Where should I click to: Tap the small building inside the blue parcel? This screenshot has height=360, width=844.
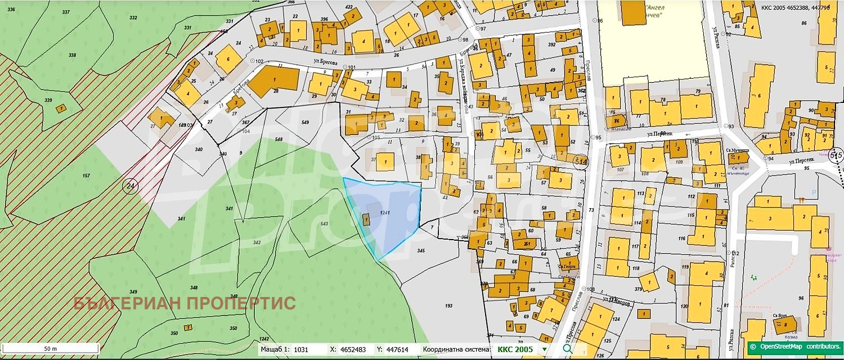[367, 220]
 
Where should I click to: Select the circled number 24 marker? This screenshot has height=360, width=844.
[130, 186]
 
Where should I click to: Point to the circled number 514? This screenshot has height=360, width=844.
[580, 161]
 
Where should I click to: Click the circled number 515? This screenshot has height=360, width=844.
[836, 155]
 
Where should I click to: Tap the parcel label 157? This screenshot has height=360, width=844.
[86, 176]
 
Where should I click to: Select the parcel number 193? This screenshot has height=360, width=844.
[448, 305]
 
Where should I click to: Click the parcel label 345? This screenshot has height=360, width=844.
[420, 250]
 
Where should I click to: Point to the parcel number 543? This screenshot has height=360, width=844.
[324, 224]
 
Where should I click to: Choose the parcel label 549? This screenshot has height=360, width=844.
[305, 122]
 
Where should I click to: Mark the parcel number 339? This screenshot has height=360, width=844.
[48, 100]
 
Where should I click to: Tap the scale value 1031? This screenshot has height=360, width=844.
[302, 349]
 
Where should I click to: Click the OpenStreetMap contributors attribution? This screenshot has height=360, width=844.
[796, 346]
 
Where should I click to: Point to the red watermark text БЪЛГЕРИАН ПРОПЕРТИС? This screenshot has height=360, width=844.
[185, 303]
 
